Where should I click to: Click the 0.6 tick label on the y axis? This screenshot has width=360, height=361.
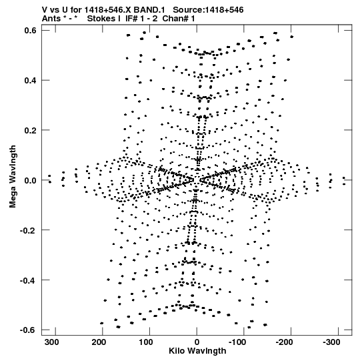pos(30,30)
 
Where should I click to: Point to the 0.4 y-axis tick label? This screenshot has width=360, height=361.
pos(30,80)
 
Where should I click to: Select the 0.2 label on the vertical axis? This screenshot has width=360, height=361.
pos(30,130)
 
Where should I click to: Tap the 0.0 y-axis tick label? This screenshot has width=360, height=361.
pos(30,180)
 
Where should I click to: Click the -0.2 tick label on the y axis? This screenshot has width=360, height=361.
pos(29,230)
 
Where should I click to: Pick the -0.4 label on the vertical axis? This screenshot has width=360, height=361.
pos(29,280)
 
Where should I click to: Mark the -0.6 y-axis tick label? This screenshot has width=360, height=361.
pos(29,330)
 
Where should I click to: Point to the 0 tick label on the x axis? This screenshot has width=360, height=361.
pos(197,342)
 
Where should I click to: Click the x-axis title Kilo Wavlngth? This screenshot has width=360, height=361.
pos(197,352)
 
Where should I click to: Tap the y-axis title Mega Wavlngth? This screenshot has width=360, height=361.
pos(13,176)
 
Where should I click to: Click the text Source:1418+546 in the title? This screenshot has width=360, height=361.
pos(208,10)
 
